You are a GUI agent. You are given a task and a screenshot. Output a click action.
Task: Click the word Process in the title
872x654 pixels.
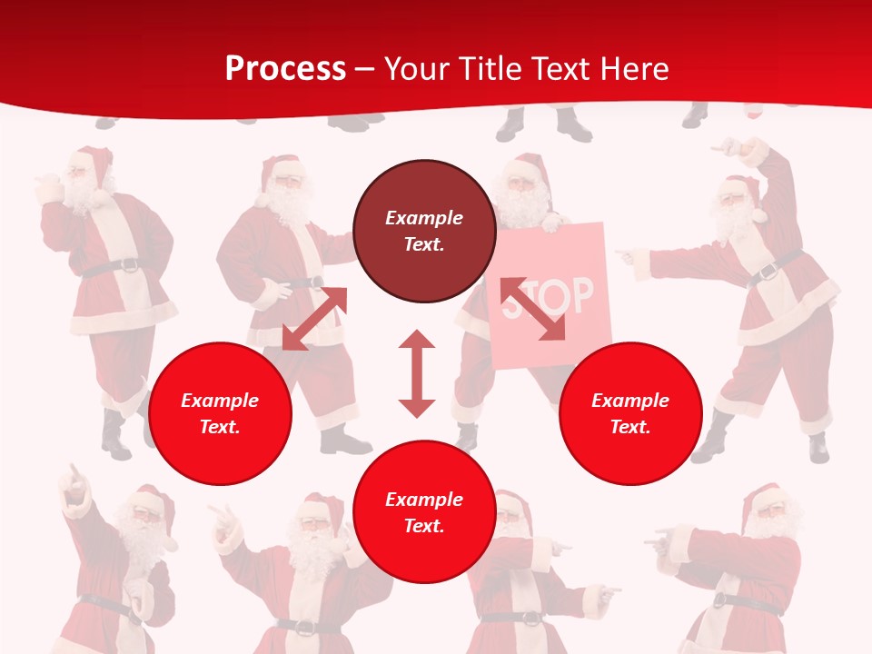click(285, 69)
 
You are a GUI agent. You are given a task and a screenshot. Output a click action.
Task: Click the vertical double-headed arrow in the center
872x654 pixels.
click(417, 373)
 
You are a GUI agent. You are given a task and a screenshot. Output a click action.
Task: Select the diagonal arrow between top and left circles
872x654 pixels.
click(314, 319)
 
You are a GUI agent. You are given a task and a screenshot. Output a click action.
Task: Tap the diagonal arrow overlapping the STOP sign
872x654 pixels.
click(532, 309)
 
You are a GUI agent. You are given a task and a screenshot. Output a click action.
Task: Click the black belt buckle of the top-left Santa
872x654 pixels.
click(130, 266)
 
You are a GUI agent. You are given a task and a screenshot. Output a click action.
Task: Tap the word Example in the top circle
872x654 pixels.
click(424, 218)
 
